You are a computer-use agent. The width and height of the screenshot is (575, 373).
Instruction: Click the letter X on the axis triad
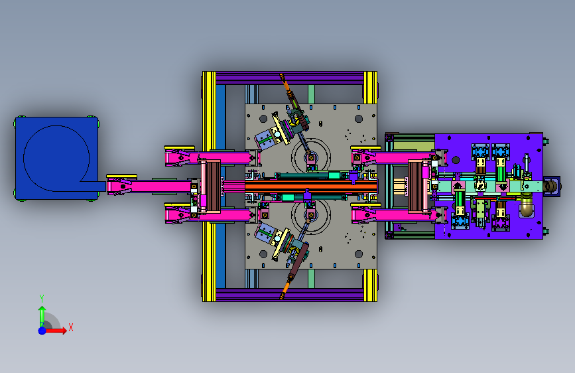point(71,327)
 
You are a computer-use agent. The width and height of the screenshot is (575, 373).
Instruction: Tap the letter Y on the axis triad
point(42,298)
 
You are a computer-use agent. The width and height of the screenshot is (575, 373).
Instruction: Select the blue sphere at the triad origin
point(42,331)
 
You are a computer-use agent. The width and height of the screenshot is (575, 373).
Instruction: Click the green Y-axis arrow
point(42,317)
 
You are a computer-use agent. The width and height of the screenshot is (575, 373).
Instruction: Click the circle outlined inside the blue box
point(56,158)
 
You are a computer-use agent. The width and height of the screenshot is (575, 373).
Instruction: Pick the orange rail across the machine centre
point(311,186)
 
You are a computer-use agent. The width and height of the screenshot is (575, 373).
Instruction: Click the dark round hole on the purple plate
point(456,160)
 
